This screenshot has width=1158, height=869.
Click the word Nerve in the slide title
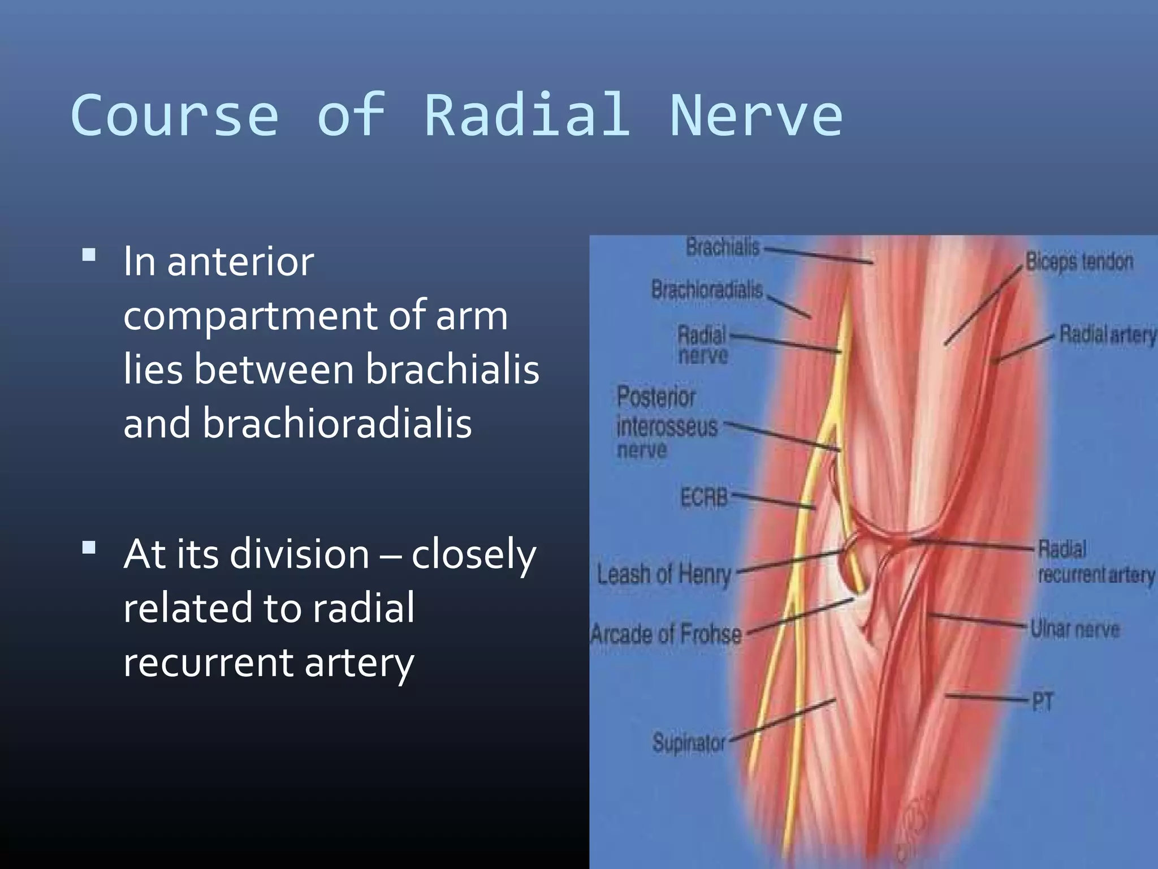(756, 115)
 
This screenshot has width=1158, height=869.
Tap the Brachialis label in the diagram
(722, 247)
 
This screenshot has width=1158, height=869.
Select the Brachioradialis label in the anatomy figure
(707, 290)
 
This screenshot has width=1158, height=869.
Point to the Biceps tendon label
(1079, 262)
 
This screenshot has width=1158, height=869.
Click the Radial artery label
(1107, 335)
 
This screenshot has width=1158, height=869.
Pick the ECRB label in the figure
(704, 497)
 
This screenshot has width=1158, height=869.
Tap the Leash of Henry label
(664, 575)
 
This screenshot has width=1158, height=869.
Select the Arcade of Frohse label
(666, 634)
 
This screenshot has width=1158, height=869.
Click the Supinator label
(688, 742)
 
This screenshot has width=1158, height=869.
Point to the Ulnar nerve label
(1074, 629)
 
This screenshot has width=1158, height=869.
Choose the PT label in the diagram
(1043, 702)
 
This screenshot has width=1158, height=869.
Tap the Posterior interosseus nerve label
(666, 424)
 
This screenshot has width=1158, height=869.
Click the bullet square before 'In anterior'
(89, 255)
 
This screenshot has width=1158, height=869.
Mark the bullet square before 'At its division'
(89, 547)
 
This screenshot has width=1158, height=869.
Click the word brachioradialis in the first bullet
(337, 424)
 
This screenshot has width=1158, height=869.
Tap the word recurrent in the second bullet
(208, 662)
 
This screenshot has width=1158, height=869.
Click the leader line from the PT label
(987, 697)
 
